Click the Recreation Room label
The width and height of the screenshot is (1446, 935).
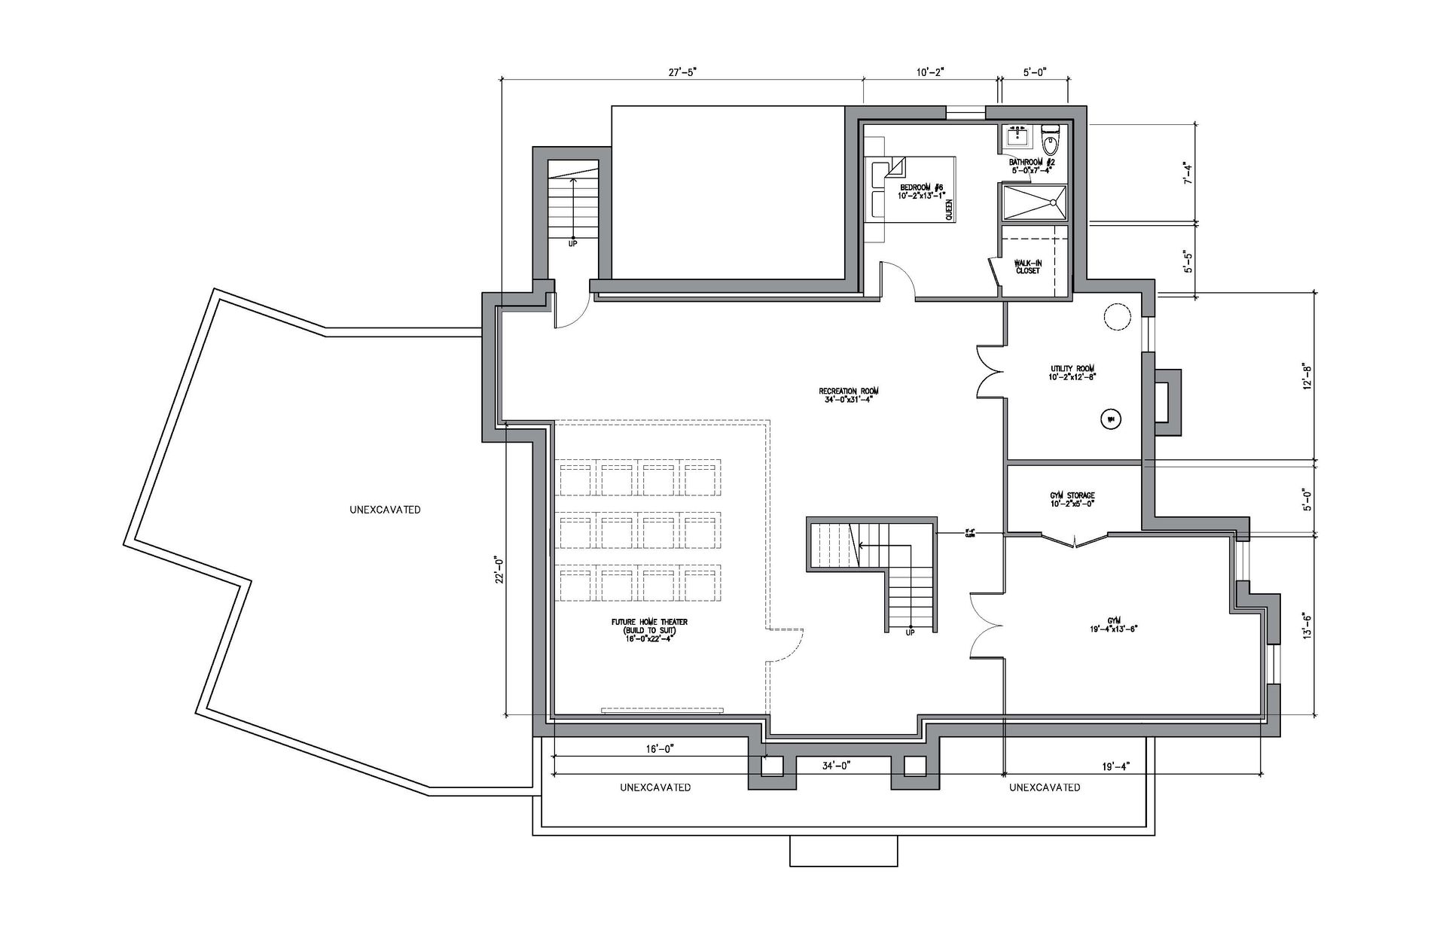pyautogui.click(x=849, y=395)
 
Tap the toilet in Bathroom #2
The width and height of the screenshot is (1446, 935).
pyautogui.click(x=1050, y=140)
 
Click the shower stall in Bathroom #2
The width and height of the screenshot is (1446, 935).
pyautogui.click(x=1033, y=203)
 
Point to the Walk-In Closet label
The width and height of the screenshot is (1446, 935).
pyautogui.click(x=1027, y=266)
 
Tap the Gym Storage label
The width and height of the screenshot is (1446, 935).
pyautogui.click(x=1072, y=499)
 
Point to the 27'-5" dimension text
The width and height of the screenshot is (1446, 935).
pyautogui.click(x=683, y=72)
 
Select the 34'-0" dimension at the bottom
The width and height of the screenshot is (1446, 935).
pyautogui.click(x=836, y=766)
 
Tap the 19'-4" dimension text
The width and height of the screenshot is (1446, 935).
pyautogui.click(x=1115, y=766)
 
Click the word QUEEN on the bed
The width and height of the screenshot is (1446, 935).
pyautogui.click(x=949, y=209)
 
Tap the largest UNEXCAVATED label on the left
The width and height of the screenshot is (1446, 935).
pyautogui.click(x=385, y=510)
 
